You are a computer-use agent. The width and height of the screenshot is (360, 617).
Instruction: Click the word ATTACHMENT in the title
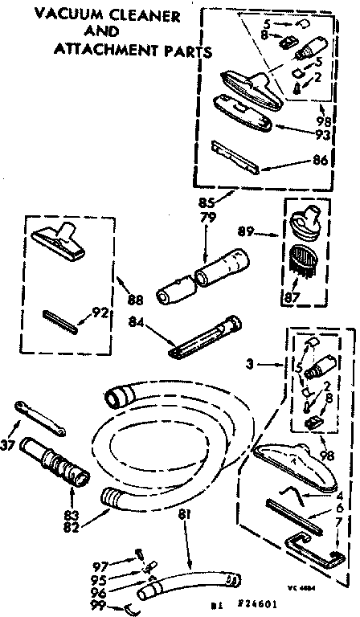96,50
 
